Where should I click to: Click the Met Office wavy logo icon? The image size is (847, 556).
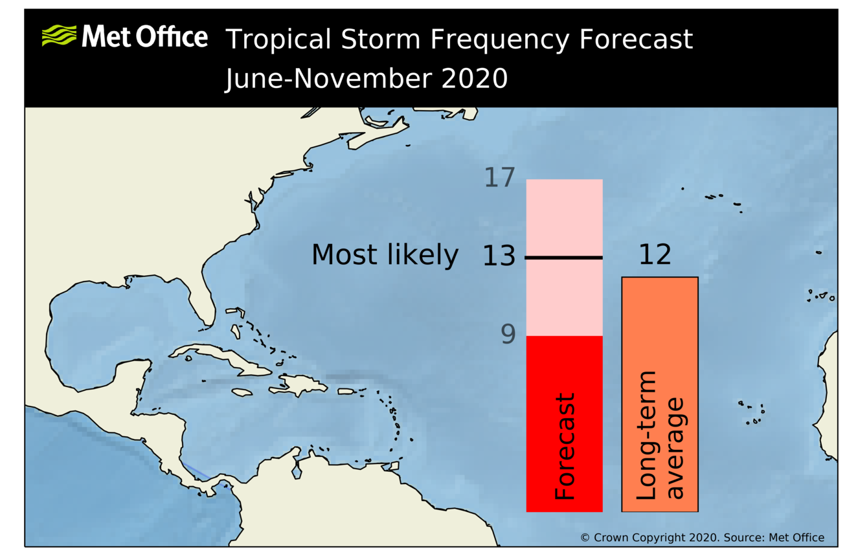click(x=60, y=36)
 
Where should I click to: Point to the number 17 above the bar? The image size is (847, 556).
click(x=499, y=178)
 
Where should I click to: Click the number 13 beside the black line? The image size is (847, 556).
click(x=499, y=257)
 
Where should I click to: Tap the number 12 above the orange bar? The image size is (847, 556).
click(x=655, y=255)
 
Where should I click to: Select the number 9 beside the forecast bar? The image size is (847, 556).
click(x=508, y=335)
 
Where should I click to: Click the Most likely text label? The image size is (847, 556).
click(x=385, y=255)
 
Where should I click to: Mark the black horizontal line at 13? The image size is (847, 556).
click(x=564, y=258)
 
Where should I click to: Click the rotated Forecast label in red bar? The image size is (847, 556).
click(x=565, y=447)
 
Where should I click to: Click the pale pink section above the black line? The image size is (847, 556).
click(x=564, y=217)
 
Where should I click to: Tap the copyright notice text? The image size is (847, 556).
click(x=702, y=537)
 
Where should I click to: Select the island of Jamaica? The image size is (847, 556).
click(x=241, y=392)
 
